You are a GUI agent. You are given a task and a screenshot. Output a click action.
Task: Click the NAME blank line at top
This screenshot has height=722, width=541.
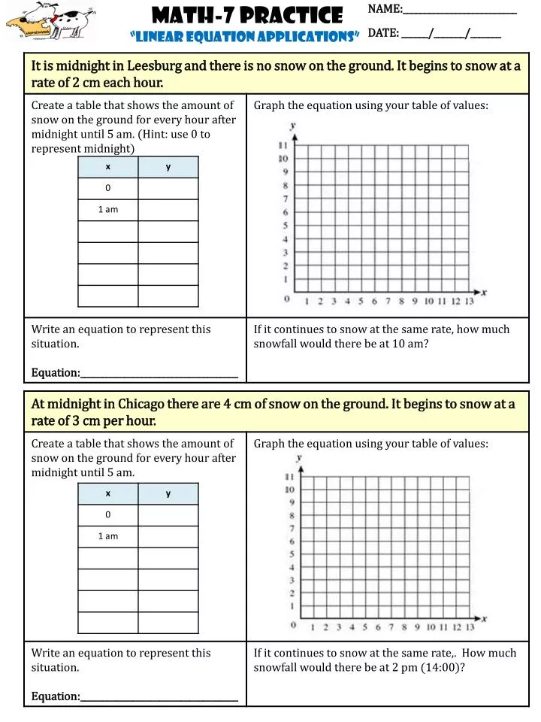pyautogui.click(x=460, y=11)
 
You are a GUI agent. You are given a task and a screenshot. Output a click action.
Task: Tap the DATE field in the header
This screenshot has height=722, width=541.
pyautogui.click(x=451, y=34)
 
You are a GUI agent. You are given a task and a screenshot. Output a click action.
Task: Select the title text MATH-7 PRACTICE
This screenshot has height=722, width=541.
pyautogui.click(x=247, y=14)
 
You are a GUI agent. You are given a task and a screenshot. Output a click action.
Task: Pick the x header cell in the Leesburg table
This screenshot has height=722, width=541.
pyautogui.click(x=107, y=167)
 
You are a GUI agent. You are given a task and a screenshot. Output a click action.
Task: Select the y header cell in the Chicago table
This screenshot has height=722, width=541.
pyautogui.click(x=168, y=493)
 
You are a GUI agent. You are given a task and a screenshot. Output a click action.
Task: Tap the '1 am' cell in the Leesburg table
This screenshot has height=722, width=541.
pyautogui.click(x=107, y=210)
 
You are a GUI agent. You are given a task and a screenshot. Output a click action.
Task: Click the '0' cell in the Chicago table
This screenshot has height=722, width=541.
pyautogui.click(x=107, y=515)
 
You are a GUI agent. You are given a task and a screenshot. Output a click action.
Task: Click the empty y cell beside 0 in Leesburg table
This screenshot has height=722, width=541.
pyautogui.click(x=168, y=188)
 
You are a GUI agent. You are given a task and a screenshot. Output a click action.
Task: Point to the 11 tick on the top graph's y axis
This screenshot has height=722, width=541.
pyautogui.click(x=284, y=145)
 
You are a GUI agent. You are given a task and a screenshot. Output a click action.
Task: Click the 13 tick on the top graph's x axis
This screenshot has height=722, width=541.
pyautogui.click(x=469, y=302)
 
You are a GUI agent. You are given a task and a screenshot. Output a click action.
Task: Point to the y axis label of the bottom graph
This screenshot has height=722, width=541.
pyautogui.click(x=299, y=457)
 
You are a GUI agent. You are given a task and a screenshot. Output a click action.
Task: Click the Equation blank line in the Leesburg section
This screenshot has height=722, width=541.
pyautogui.click(x=159, y=374)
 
